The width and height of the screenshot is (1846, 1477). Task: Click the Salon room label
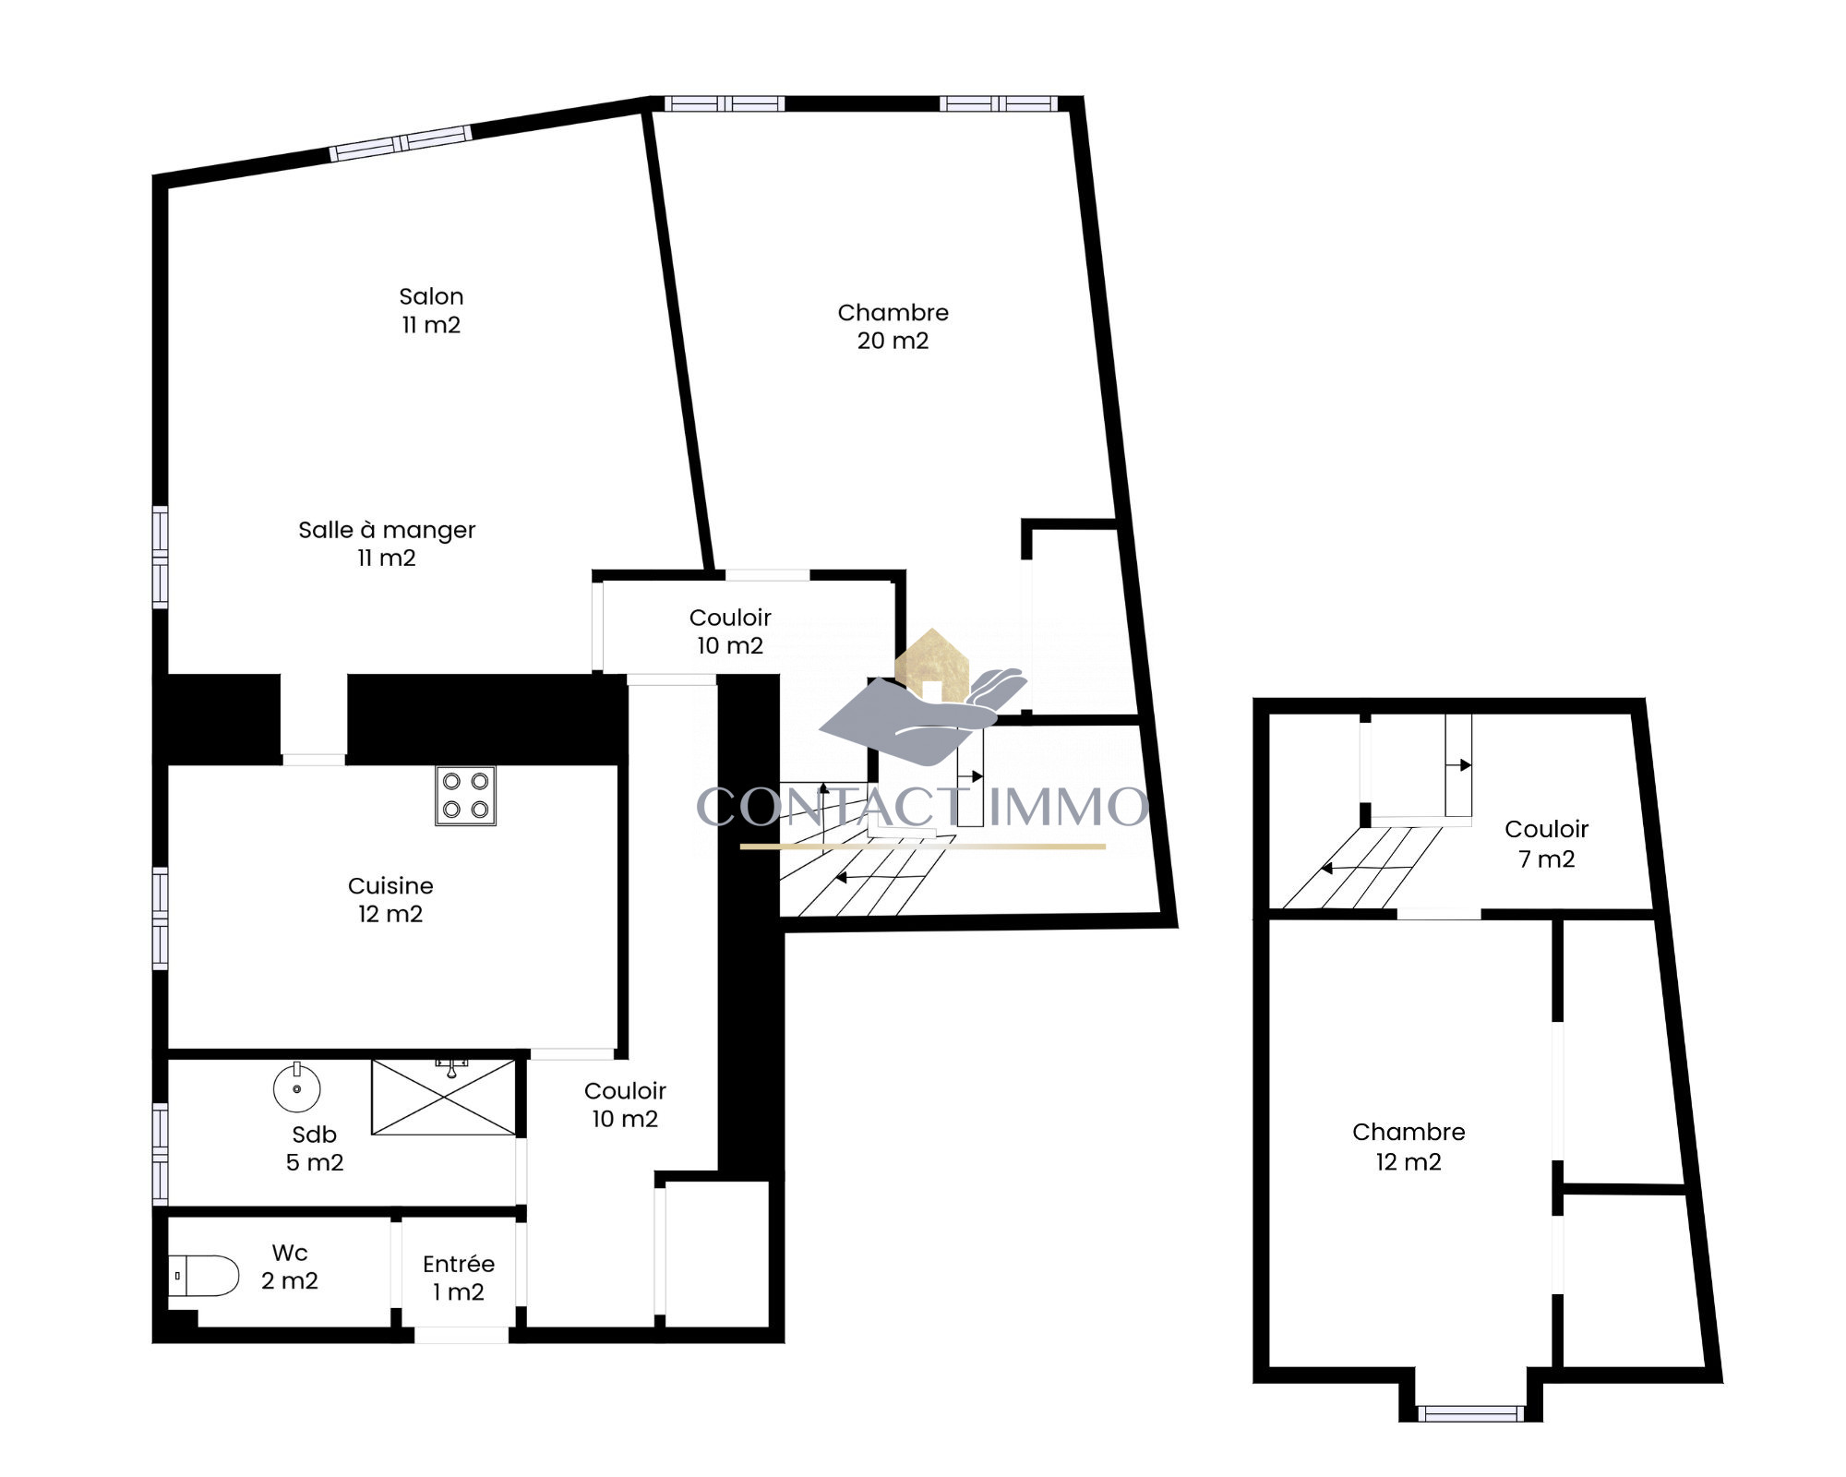[x=431, y=310]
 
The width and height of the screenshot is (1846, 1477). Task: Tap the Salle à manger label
[x=387, y=544]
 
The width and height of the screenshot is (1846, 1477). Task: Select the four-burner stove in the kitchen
[x=465, y=796]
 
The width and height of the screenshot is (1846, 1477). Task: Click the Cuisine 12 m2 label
[x=390, y=899]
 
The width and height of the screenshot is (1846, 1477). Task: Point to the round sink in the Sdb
[x=297, y=1087]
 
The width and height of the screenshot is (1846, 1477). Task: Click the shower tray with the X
[x=443, y=1097]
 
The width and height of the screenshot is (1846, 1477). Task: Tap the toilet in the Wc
[x=204, y=1275]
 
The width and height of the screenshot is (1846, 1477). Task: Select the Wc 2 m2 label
[x=290, y=1267]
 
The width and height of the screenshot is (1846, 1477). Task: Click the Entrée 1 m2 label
[x=459, y=1278]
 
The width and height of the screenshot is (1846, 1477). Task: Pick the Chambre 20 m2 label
[x=893, y=326]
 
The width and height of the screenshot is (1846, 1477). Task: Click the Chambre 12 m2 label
[x=1408, y=1147]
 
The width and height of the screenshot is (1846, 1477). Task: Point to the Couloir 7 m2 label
[x=1547, y=844]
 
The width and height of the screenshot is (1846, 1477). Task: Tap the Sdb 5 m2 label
[x=315, y=1148]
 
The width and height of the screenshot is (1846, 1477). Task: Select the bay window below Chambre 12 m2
[x=1469, y=1413]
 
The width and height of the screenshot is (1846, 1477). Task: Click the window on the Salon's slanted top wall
[x=402, y=143]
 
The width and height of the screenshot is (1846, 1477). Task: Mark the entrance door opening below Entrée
[x=461, y=1335]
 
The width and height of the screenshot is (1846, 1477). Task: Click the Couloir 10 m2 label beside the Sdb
[x=625, y=1104]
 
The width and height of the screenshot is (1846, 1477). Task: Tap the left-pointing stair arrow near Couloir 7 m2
[x=1367, y=869]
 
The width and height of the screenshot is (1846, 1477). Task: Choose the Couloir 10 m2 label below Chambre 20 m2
[x=730, y=631]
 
